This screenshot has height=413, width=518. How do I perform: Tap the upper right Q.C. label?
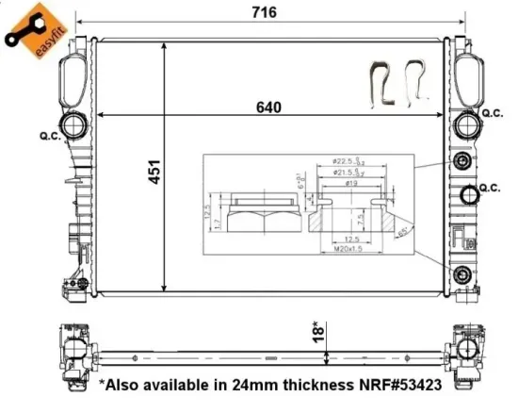point(493,113)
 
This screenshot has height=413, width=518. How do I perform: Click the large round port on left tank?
point(72,126)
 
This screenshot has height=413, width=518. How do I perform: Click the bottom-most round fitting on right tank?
point(461,275)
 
